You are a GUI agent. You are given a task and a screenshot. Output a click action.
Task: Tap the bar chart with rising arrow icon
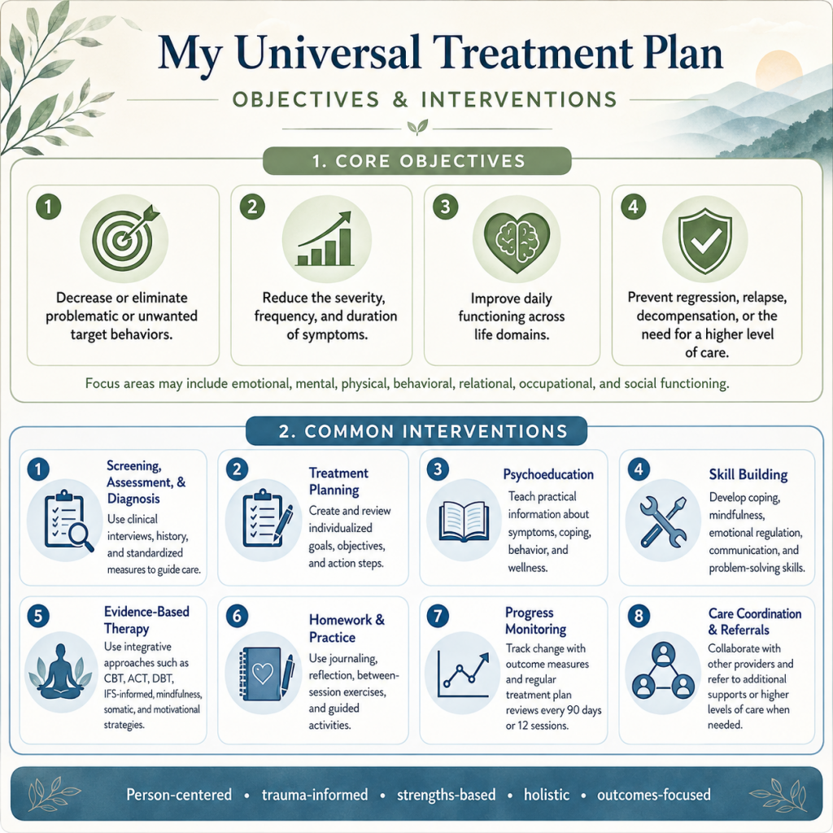click(x=325, y=238)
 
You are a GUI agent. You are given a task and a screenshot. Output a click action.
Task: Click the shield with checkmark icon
click(x=705, y=240)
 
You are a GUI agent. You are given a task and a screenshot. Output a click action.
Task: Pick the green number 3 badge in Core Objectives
click(x=445, y=207)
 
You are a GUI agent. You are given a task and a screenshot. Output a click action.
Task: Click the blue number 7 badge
click(x=438, y=617)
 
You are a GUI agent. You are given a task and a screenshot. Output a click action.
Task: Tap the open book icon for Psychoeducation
click(x=464, y=521)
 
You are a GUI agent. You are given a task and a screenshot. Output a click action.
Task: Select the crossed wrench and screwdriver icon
click(x=663, y=521)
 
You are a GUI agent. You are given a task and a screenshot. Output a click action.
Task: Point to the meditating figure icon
click(x=61, y=671)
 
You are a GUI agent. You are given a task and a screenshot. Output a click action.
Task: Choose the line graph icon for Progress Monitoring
click(x=463, y=674)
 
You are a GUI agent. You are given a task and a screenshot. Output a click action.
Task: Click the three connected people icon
click(x=663, y=670)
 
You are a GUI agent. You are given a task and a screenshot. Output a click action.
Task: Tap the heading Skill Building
click(x=748, y=474)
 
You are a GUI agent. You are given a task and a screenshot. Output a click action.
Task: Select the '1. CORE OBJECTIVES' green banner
click(x=417, y=161)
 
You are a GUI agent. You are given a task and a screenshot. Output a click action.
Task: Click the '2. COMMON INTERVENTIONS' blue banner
click(x=416, y=431)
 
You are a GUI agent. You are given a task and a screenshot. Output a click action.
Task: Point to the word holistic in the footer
click(x=547, y=795)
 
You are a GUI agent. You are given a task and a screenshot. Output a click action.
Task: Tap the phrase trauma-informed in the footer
click(x=315, y=795)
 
